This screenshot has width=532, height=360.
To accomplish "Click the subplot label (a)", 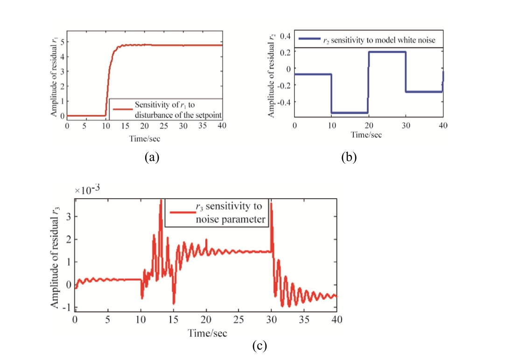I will click(x=152, y=157).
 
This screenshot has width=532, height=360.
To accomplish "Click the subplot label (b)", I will click(x=349, y=157).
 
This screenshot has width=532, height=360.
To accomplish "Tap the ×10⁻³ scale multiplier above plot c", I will click(x=88, y=190).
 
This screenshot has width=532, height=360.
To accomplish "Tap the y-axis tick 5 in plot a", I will click(x=62, y=42).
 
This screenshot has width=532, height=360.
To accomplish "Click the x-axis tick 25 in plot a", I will click(x=164, y=126).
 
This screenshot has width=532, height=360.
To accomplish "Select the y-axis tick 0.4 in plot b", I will click(x=286, y=36).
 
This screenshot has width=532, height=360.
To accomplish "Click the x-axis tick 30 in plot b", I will click(x=406, y=126).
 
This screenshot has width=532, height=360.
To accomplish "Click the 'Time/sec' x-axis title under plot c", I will click(x=208, y=333).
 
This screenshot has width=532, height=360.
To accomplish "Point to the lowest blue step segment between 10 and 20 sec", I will click(x=350, y=112).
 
